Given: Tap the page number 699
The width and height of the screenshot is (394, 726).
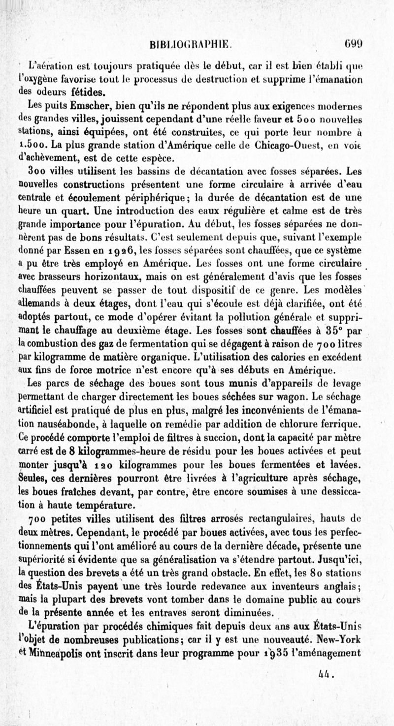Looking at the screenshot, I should (x=354, y=48).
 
